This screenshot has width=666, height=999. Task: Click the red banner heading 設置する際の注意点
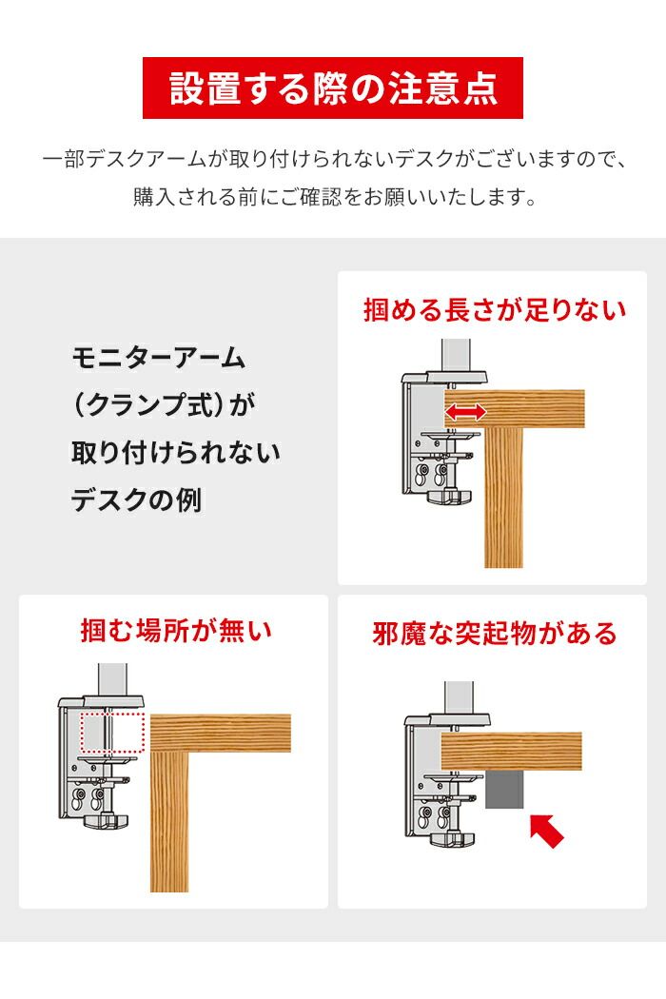[333, 88]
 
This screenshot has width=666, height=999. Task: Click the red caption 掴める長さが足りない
[494, 310]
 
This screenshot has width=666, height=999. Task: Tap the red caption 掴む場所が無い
[175, 631]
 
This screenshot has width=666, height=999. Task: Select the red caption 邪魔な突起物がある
[494, 634]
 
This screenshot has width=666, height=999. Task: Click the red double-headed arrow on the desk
[467, 412]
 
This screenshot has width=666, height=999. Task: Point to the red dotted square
[111, 734]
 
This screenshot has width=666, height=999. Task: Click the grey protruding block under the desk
[507, 789]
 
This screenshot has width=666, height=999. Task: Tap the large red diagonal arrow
[544, 828]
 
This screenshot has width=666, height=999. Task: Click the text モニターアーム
[159, 359]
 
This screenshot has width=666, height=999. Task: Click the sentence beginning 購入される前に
[333, 198]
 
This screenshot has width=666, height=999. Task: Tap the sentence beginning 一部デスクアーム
[333, 158]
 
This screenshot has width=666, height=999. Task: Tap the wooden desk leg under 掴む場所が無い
[169, 818]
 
